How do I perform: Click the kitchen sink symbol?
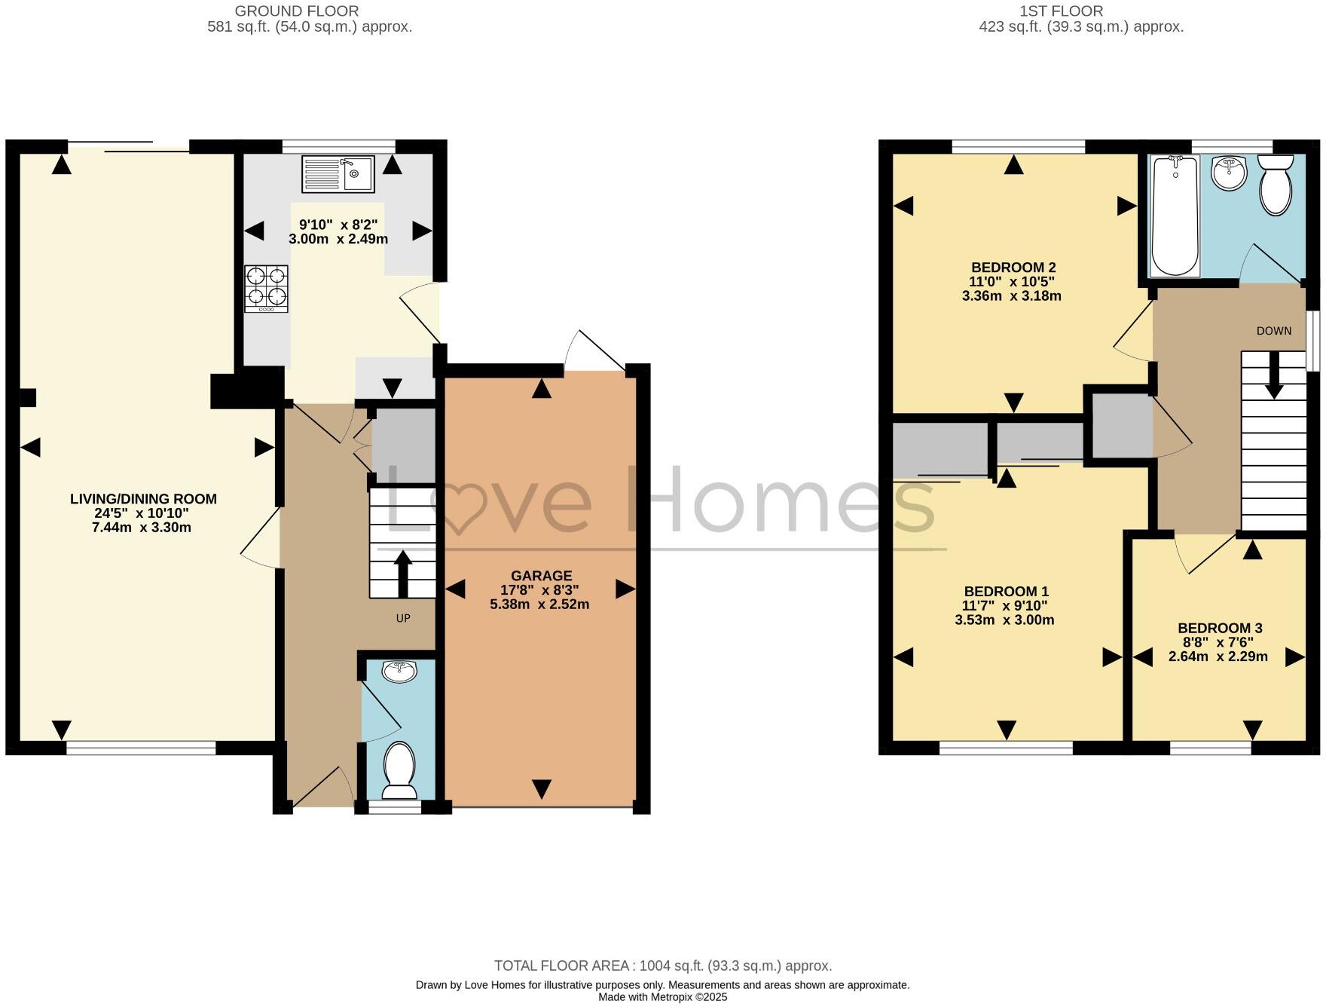coord(338,174)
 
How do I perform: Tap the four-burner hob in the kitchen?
coord(266,289)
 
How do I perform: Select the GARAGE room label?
coord(541,576)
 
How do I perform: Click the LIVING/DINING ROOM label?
coord(143,499)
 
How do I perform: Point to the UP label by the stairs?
coord(403,618)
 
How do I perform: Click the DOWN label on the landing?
coord(1273,331)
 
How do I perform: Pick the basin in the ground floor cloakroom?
coord(399,671)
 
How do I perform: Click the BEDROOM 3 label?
coord(1220,628)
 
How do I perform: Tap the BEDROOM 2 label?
coord(1013,268)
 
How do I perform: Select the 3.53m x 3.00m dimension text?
coord(1004,620)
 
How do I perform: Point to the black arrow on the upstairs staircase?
coord(1274,375)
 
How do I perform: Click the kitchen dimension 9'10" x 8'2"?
coord(338,225)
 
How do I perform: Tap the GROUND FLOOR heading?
coord(297,11)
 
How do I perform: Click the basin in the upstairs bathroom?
coord(1229,174)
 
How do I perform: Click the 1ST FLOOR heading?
coord(1061,11)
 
